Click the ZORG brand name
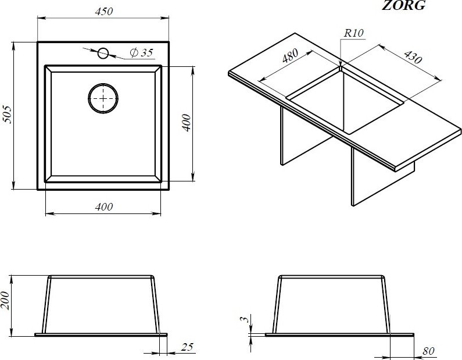pyautogui.click(x=403, y=5)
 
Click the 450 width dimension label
pyautogui.click(x=104, y=11)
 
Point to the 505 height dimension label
pyautogui.click(x=7, y=114)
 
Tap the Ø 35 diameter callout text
pyautogui.click(x=141, y=52)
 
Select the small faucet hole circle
pyautogui.click(x=103, y=54)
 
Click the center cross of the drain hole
pyautogui.click(x=103, y=98)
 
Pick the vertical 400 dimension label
pyautogui.click(x=186, y=123)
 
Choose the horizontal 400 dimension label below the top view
pyautogui.click(x=104, y=207)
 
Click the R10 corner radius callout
pyautogui.click(x=353, y=33)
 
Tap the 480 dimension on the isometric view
pyautogui.click(x=291, y=56)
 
